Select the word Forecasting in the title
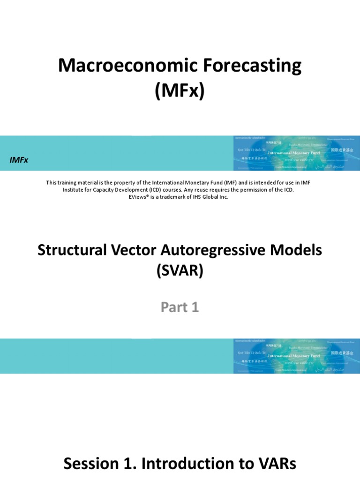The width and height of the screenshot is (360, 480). pos(244,66)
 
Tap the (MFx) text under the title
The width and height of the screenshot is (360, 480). pos(180,90)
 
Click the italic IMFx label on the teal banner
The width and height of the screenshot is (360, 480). pos(19,160)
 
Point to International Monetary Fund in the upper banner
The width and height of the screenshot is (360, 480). pos(294,153)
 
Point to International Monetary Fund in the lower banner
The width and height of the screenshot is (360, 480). pos(294,356)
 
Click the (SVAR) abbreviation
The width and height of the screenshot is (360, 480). pos(180,271)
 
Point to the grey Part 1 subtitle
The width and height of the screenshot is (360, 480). pos(180,307)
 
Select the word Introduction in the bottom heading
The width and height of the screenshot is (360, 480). pos(189,464)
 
